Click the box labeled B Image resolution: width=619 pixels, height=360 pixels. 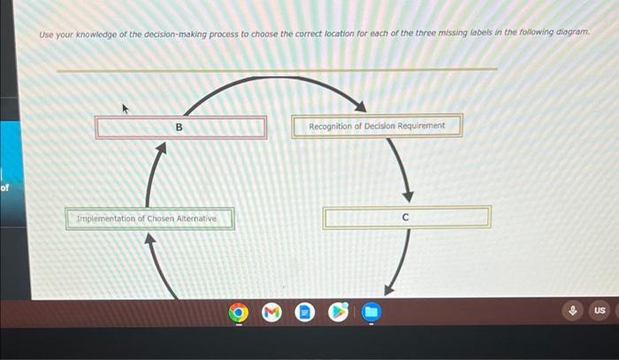[180, 127]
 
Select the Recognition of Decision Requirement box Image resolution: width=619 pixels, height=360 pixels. [377, 126]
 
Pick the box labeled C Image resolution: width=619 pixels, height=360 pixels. [406, 217]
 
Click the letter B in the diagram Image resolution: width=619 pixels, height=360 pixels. [180, 127]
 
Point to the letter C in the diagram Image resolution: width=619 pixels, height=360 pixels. [406, 216]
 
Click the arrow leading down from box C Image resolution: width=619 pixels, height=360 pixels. [398, 262]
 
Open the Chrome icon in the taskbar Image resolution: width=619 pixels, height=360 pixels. [238, 311]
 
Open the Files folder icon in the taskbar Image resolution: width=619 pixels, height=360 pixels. [371, 311]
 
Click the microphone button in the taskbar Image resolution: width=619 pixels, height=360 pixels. [573, 310]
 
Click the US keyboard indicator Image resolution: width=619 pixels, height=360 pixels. [599, 310]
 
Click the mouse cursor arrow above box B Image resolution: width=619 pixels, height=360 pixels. [126, 109]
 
